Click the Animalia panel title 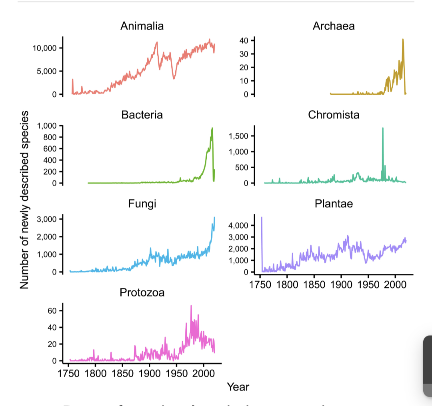click(142, 26)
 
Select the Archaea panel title click(334, 26)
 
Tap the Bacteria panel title click(142, 115)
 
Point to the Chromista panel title click(334, 115)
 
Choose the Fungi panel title click(142, 204)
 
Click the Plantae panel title click(334, 204)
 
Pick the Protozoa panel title click(142, 293)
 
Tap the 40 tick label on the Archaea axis click(244, 40)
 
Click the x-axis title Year click(238, 387)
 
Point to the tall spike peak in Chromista click(383, 128)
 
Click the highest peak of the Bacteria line click(212, 128)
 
